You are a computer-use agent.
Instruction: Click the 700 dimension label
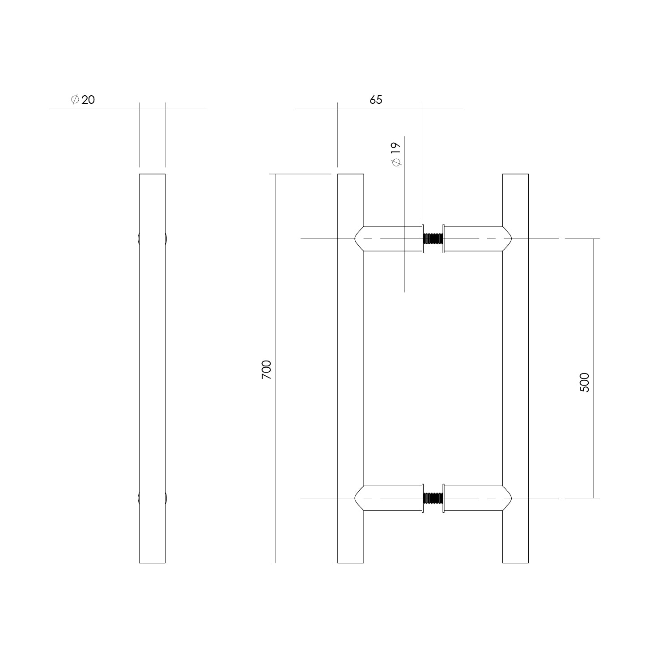coord(266,369)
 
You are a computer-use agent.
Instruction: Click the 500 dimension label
coord(584,382)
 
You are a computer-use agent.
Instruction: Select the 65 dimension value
coord(376,100)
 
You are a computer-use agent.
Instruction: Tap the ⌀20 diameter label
coord(83,99)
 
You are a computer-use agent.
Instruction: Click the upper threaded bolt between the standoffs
coord(433,238)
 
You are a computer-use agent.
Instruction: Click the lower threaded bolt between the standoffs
coord(433,498)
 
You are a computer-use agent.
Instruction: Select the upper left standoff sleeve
coord(389,238)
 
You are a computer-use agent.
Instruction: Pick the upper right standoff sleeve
coord(477,238)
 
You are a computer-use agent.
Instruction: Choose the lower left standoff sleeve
coord(389,498)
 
